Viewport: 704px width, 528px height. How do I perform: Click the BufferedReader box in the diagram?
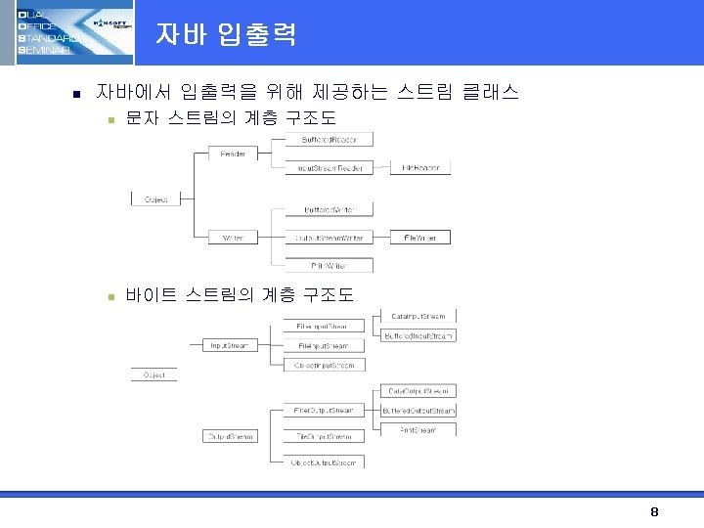(x=329, y=140)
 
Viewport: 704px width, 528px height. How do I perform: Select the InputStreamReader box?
(x=330, y=168)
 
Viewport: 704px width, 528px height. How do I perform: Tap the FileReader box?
(x=420, y=168)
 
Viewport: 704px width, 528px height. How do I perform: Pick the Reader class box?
(x=233, y=154)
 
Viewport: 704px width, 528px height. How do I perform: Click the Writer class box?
(x=233, y=238)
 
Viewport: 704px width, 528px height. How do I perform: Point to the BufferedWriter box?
(x=329, y=210)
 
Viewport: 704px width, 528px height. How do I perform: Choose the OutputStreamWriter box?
(x=330, y=238)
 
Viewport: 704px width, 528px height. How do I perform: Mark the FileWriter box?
(x=420, y=238)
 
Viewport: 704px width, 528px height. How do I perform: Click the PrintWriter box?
(x=329, y=265)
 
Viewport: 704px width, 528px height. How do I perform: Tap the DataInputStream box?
(x=418, y=317)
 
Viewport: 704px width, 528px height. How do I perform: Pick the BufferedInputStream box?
(x=418, y=336)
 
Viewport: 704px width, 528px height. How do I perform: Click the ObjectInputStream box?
(x=324, y=365)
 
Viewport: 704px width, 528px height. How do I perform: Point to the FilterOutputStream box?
(x=323, y=410)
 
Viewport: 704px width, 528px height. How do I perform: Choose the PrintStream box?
(x=418, y=429)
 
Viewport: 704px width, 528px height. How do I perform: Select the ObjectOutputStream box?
(x=323, y=461)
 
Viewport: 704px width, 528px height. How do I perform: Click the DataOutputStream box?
(x=418, y=391)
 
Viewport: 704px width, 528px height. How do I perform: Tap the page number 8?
(x=654, y=512)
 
